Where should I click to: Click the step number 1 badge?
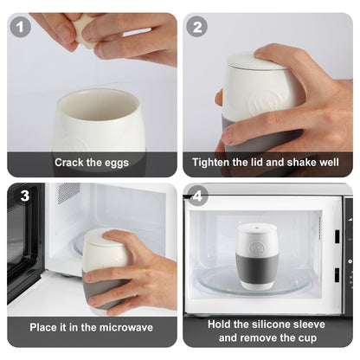[22, 27]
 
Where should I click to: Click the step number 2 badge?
[198, 27]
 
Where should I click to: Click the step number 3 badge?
[24, 196]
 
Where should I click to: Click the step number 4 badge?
[198, 195]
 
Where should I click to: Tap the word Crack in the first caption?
[69, 162]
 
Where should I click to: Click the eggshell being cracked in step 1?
[84, 31]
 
